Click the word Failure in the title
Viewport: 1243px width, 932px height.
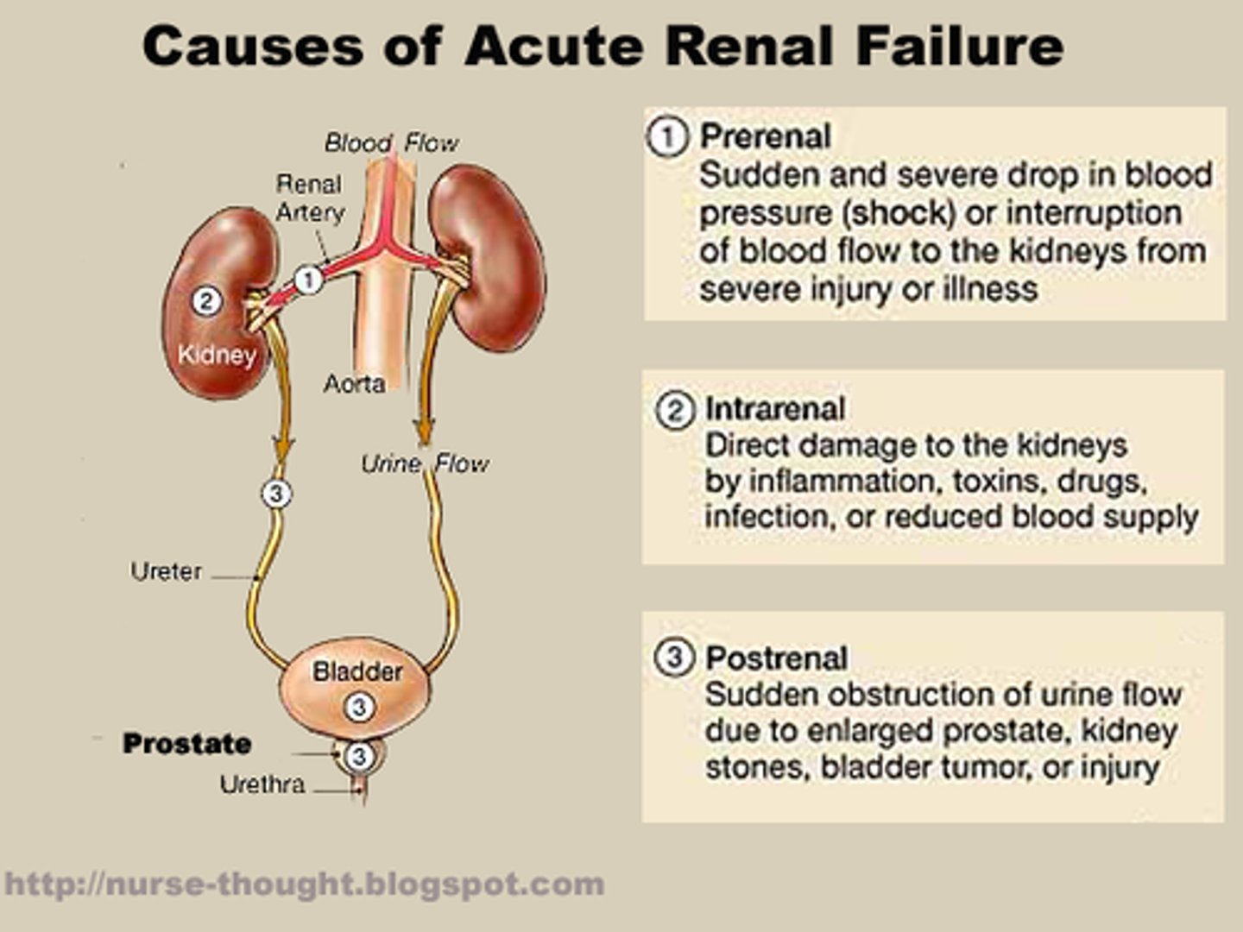coord(960,47)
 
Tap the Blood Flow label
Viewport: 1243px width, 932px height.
coord(391,143)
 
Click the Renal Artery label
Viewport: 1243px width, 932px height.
coord(309,198)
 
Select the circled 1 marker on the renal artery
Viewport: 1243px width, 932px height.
coord(308,280)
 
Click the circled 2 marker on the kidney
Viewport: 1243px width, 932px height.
coord(205,301)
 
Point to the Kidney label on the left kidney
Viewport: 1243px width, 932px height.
coord(217,355)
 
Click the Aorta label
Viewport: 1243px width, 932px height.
coord(354,384)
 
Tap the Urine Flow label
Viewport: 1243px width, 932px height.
coord(424,464)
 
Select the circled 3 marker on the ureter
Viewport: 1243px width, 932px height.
coord(276,494)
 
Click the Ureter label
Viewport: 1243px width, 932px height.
coord(166,571)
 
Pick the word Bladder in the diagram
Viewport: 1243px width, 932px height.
coord(357,671)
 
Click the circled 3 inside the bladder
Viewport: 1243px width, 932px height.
coord(359,708)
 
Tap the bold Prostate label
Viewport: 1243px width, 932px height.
coord(186,744)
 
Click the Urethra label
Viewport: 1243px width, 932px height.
coord(262,784)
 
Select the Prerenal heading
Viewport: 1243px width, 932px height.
coord(765,136)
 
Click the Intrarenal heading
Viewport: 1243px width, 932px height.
coord(774,409)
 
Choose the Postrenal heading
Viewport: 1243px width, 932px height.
coord(776,658)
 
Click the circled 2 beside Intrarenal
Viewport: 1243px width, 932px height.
coord(675,409)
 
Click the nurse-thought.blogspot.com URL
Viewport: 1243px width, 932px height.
coord(304,885)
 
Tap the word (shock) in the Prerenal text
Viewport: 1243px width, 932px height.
coord(897,213)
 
